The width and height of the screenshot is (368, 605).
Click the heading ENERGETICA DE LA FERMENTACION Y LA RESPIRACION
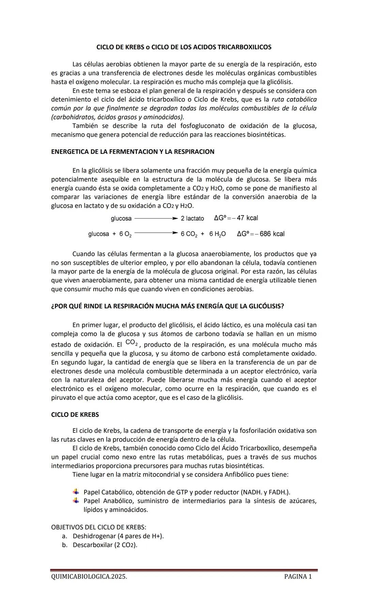point(133,152)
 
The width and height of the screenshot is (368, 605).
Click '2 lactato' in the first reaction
point(192,218)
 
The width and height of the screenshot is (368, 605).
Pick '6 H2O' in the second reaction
point(217,234)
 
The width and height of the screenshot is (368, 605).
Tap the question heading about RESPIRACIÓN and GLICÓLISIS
point(167,306)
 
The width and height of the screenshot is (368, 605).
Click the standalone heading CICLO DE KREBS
point(75,414)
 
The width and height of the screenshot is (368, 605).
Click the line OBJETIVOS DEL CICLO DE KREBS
point(98,527)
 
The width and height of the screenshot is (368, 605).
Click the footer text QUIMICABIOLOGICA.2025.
point(89,576)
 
